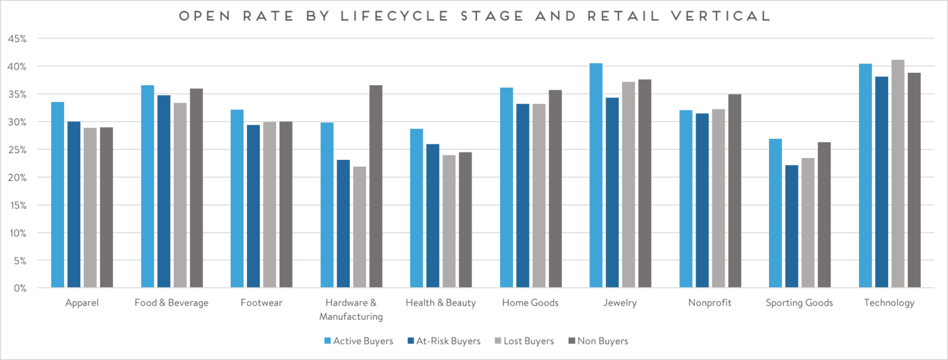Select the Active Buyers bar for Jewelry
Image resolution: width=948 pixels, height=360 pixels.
coord(596,175)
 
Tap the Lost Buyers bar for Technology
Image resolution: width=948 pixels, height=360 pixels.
coord(897,174)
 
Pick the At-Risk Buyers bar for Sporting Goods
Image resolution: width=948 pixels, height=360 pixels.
coord(792,226)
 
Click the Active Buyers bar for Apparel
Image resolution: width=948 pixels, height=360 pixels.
coord(57,195)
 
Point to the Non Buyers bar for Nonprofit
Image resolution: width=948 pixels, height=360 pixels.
coord(734,191)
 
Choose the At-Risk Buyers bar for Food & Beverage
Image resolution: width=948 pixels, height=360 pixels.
coord(164,191)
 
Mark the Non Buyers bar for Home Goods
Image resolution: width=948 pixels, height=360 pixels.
coord(555,189)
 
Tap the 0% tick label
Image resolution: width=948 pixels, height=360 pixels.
coord(20,288)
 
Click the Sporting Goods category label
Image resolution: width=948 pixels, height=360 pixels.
coord(799,303)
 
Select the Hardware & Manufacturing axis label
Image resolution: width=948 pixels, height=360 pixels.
coord(351,310)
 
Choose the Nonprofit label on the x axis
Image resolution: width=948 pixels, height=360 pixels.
coord(710,303)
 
